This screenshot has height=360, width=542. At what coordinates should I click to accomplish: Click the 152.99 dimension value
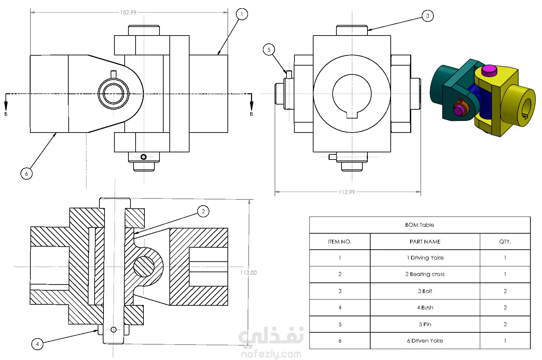(x=128, y=12)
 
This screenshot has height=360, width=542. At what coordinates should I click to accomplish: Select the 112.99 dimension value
(x=347, y=192)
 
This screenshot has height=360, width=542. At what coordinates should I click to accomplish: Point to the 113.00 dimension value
(x=248, y=273)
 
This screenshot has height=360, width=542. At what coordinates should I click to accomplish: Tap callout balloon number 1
(x=242, y=14)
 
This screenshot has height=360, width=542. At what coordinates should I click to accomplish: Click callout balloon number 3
(x=428, y=16)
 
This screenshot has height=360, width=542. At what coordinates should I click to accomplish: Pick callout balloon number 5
(x=269, y=50)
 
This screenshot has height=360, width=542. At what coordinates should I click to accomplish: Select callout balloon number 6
(x=26, y=174)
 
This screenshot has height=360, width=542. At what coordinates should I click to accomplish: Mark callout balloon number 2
(x=203, y=211)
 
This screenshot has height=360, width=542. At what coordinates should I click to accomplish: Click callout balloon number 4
(x=37, y=344)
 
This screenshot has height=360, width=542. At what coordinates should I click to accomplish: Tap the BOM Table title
(x=420, y=225)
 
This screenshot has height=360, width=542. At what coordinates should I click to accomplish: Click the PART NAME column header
(x=425, y=242)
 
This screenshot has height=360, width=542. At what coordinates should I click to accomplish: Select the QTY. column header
(x=505, y=242)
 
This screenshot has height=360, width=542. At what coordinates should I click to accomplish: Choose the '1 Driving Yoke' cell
(x=425, y=258)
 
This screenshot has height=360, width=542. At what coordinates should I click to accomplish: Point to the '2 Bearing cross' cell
(x=425, y=274)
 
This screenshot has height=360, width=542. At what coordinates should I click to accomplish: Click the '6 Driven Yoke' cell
(x=425, y=341)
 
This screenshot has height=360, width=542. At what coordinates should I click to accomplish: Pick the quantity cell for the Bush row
(x=505, y=307)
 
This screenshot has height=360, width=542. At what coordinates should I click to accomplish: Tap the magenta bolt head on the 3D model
(x=489, y=70)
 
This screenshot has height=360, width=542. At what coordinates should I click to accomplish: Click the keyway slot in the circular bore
(x=352, y=115)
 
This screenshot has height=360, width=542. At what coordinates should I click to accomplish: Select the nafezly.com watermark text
(x=271, y=354)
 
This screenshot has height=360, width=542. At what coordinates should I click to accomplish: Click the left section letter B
(x=6, y=114)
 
